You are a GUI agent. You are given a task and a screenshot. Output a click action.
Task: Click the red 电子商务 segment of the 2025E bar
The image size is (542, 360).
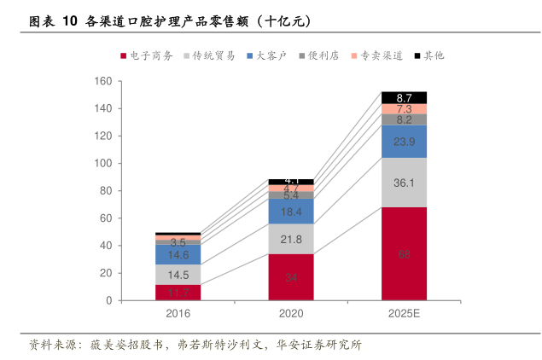click(x=404, y=253)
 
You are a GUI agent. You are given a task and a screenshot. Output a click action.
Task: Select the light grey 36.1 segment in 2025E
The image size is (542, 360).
click(x=404, y=183)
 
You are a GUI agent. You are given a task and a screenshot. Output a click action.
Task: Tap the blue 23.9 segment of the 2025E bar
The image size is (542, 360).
click(x=404, y=142)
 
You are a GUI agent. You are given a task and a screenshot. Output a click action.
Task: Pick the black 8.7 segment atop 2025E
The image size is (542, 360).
click(x=404, y=97)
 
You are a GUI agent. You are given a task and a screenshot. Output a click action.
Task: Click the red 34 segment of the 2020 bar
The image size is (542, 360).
click(x=291, y=277)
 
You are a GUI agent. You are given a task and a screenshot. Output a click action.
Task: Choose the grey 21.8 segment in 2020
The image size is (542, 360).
click(x=291, y=239)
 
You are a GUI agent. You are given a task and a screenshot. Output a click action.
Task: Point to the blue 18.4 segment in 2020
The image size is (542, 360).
click(x=291, y=211)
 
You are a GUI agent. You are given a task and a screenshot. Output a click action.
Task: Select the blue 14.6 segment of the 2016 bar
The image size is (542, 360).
click(x=178, y=254)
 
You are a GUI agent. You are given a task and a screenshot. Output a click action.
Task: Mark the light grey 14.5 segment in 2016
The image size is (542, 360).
click(x=178, y=275)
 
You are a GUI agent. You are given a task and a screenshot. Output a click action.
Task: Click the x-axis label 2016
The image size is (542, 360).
click(x=178, y=314)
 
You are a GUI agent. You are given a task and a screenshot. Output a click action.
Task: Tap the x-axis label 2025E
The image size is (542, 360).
click(x=404, y=314)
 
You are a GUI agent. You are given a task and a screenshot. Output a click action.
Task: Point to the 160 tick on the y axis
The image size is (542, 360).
click(x=103, y=81)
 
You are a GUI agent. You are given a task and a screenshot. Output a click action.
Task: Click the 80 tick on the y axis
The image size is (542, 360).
click(x=106, y=191)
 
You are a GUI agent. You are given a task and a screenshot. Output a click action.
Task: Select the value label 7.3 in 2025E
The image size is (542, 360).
click(x=405, y=109)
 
